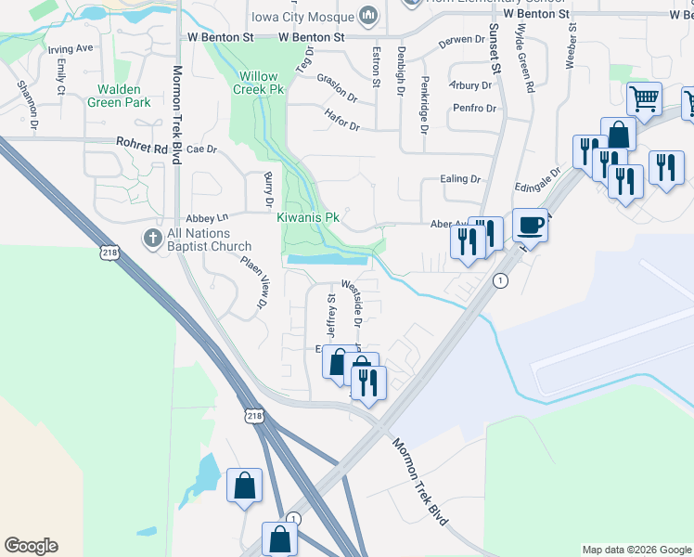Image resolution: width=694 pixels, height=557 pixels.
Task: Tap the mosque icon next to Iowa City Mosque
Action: click(368, 16)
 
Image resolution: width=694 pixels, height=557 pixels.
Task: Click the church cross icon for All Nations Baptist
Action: click(153, 239)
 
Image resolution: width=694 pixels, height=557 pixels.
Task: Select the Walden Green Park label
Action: click(119, 97)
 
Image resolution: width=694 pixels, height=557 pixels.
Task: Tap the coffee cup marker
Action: click(530, 225)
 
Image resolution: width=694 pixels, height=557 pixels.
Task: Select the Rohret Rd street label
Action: click(141, 146)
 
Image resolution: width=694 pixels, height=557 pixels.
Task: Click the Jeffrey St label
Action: click(330, 316)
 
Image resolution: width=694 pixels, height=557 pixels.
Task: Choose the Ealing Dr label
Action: click(462, 179)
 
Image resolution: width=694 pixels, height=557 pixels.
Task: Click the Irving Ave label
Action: click(71, 47)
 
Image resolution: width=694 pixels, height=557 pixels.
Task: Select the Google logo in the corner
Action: click(31, 546)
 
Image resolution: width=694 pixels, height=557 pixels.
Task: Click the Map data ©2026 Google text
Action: click(636, 550)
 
